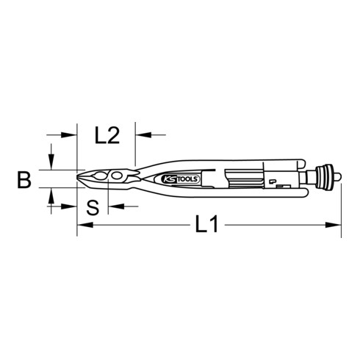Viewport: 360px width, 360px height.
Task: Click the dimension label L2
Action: [108, 136]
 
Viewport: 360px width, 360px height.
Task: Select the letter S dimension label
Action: [92, 208]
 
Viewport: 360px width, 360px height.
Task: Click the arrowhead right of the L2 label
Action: [140, 134]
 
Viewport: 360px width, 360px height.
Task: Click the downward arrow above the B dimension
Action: [51, 164]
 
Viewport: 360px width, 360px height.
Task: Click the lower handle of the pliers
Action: [220, 192]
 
